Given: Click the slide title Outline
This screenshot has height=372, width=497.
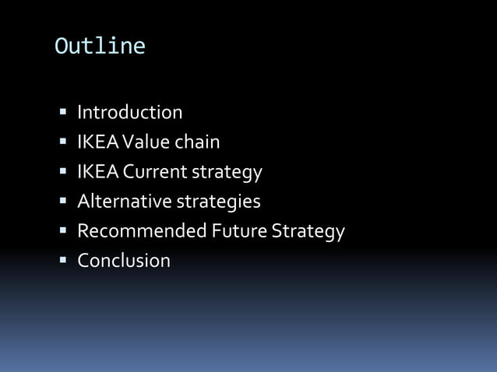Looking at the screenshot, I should point(100,47).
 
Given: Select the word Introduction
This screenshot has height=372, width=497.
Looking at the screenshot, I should point(129,113).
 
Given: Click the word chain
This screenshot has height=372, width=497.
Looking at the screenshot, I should point(197,142).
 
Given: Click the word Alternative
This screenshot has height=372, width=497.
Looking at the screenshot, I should point(123,202).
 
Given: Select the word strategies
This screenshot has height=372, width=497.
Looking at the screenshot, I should point(217,202).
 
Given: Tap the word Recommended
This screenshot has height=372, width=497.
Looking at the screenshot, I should point(142,231).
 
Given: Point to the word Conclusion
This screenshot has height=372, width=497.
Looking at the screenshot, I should point(123,261).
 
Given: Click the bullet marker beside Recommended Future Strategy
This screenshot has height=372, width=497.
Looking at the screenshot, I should point(62,232).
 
